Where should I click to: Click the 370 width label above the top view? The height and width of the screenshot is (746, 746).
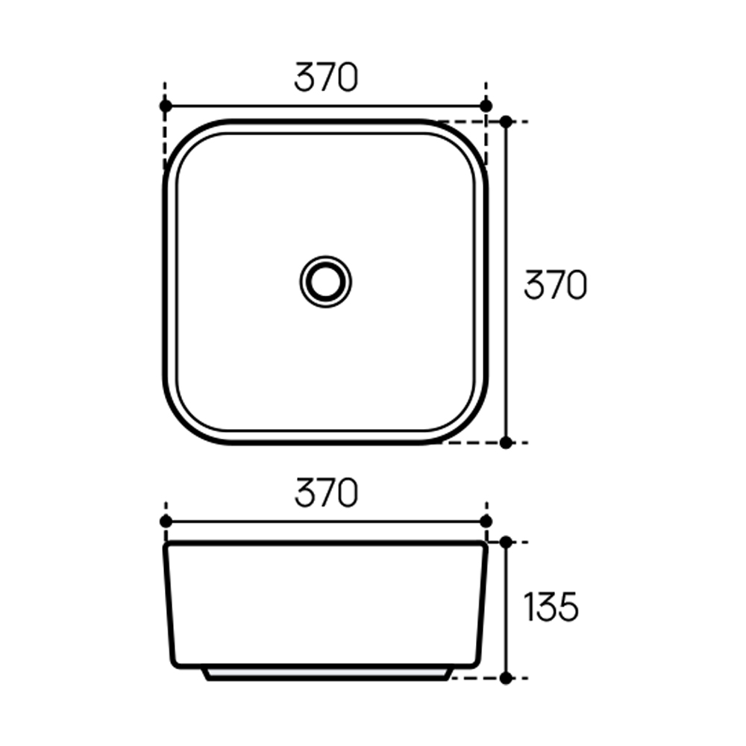point(326,78)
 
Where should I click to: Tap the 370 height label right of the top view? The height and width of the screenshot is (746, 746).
point(555,285)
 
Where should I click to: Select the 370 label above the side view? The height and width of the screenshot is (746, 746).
point(326,493)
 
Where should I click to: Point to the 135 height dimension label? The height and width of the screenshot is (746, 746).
point(551,608)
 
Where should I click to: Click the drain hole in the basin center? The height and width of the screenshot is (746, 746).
point(326,280)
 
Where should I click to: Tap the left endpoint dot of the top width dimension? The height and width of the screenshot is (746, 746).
point(166,106)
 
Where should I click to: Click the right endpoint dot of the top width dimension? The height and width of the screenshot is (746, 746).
point(486,106)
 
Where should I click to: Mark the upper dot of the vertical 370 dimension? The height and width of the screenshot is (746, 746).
point(506,122)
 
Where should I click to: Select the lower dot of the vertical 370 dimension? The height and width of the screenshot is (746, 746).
point(506,442)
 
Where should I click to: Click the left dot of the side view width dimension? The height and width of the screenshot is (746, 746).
point(166,521)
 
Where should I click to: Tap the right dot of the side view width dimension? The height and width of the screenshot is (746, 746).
point(486,521)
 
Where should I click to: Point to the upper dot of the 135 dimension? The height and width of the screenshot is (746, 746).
point(506,542)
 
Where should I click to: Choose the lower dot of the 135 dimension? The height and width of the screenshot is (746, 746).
point(506,678)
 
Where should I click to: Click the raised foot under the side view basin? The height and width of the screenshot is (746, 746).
point(327,674)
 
